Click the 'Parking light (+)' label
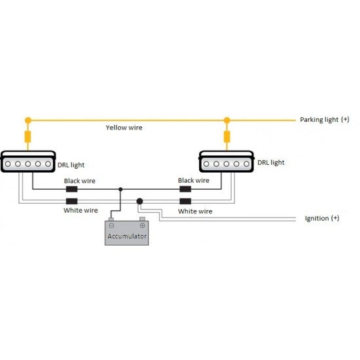(x=325, y=120)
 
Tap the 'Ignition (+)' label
(x=322, y=218)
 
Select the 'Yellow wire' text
(x=124, y=128)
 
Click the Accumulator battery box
(x=127, y=233)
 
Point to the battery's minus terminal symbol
(x=111, y=225)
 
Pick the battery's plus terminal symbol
(x=142, y=225)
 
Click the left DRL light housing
(x=28, y=162)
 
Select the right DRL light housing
(x=226, y=162)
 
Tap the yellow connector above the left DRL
(x=27, y=137)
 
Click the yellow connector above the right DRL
(x=227, y=137)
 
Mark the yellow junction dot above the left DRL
(x=28, y=120)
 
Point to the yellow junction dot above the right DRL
(x=227, y=120)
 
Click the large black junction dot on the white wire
(x=139, y=202)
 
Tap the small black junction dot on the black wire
(x=120, y=189)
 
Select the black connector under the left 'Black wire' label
(x=71, y=189)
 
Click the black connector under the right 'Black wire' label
(x=185, y=189)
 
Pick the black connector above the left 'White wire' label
(x=71, y=202)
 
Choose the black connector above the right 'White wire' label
(x=185, y=202)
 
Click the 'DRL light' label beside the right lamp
(x=271, y=162)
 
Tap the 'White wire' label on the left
(x=81, y=210)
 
